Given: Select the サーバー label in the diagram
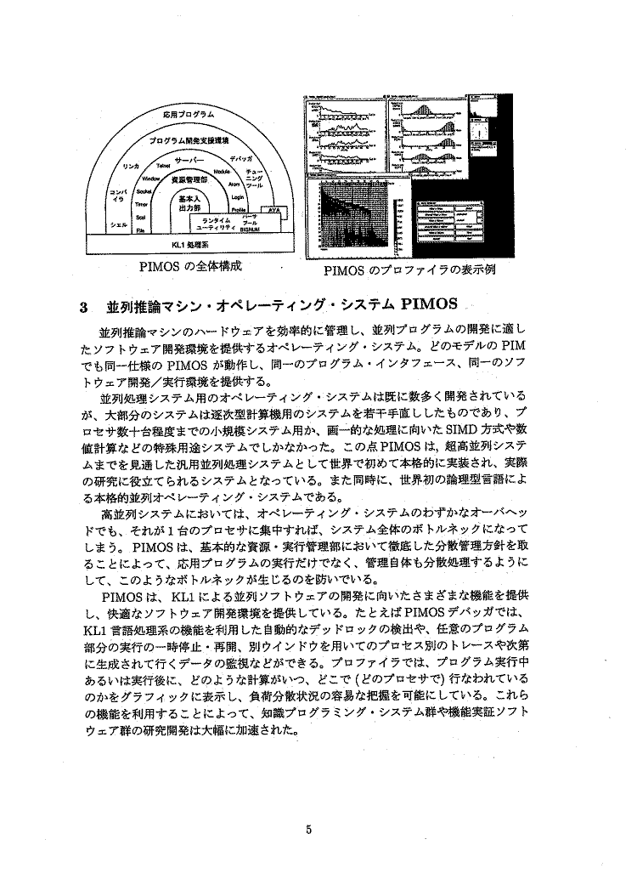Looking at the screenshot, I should point(187,159).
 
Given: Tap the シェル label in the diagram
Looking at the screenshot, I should point(120,224).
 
